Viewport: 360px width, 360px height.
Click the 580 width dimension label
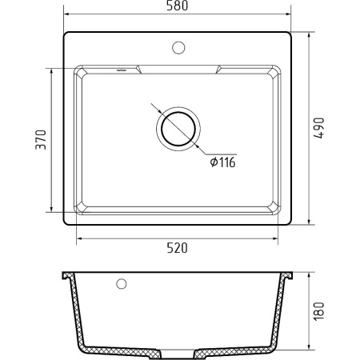pyautogui.click(x=177, y=6)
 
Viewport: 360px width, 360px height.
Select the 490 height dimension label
pyautogui.click(x=319, y=128)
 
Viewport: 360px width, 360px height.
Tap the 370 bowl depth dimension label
pyautogui.click(x=41, y=139)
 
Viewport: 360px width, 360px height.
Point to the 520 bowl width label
pyautogui.click(x=178, y=248)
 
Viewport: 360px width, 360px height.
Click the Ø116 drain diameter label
pyautogui.click(x=222, y=162)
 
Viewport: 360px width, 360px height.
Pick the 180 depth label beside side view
pyautogui.click(x=319, y=311)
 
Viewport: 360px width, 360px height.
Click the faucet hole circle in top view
pyautogui.click(x=178, y=48)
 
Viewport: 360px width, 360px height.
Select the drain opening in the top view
pyautogui.click(x=178, y=129)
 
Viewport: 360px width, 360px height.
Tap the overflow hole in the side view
pyautogui.click(x=122, y=284)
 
